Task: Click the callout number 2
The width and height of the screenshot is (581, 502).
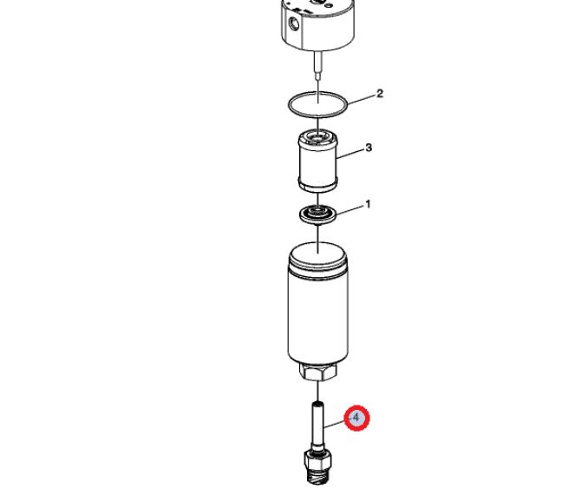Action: [380, 94]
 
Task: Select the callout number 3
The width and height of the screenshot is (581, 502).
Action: [369, 148]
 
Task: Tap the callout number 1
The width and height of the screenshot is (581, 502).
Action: [368, 204]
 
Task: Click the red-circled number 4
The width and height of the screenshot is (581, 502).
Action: [356, 418]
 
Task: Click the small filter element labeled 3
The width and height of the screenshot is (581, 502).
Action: [318, 161]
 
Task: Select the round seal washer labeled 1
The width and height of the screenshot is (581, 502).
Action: [318, 215]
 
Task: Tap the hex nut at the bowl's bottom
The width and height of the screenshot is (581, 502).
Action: [318, 372]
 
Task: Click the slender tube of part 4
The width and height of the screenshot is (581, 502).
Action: [317, 426]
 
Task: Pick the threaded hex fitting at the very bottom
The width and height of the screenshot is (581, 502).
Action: [317, 466]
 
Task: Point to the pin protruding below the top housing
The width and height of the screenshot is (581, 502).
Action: [318, 65]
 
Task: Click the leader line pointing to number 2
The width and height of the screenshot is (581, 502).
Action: [361, 99]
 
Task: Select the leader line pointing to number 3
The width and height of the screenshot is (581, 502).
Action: [350, 154]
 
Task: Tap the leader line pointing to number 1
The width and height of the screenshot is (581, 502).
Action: [349, 210]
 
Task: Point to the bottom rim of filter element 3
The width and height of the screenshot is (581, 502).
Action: [318, 186]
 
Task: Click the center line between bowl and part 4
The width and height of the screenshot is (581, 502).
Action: [318, 391]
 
